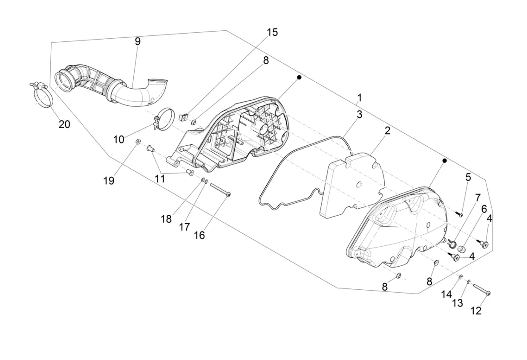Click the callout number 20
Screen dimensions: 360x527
tap(64, 124)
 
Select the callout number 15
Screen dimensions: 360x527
tap(272, 32)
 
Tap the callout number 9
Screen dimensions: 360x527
tap(137, 41)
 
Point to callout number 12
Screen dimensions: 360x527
tap(476, 311)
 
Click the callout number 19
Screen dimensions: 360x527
tap(109, 181)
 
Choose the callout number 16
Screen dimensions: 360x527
tap(199, 235)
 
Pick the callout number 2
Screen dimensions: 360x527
tap(387, 131)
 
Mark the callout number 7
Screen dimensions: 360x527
tap(478, 198)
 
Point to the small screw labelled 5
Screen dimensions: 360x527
tap(459, 213)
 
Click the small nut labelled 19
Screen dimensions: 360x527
tap(138, 141)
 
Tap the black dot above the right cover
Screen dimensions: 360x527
tap(444, 161)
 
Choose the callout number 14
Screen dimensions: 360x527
tap(446, 294)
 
